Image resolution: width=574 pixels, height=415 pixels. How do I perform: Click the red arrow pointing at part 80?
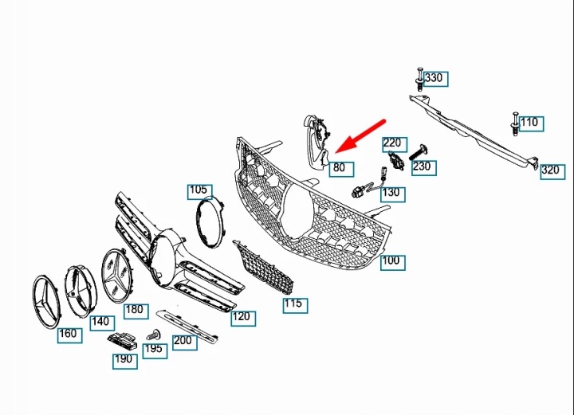[360, 135]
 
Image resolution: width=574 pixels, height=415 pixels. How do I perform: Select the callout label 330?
[435, 79]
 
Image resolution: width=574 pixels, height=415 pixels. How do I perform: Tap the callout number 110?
[531, 124]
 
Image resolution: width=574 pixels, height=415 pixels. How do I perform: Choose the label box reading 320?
[552, 171]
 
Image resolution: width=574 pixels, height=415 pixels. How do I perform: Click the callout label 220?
[395, 144]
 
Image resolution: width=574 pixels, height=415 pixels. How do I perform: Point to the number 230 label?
[424, 168]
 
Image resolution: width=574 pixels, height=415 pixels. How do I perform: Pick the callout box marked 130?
[393, 194]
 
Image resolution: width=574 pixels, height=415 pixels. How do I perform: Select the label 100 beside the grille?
[393, 263]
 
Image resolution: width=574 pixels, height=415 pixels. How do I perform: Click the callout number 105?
[200, 192]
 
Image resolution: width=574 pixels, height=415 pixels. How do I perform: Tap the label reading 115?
[296, 305]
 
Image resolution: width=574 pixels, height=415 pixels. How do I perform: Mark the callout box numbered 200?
[185, 343]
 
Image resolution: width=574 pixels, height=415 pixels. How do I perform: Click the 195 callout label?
[155, 350]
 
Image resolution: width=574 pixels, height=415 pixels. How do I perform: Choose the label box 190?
[125, 361]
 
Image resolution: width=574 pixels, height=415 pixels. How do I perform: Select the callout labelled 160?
[69, 335]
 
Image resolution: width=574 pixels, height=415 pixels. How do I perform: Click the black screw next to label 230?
[419, 152]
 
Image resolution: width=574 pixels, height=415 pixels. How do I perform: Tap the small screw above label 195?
[154, 335]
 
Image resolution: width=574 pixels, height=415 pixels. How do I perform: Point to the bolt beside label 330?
[419, 79]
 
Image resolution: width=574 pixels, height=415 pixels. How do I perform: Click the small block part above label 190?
[122, 341]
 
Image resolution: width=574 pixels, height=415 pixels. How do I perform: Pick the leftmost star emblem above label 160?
[46, 301]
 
